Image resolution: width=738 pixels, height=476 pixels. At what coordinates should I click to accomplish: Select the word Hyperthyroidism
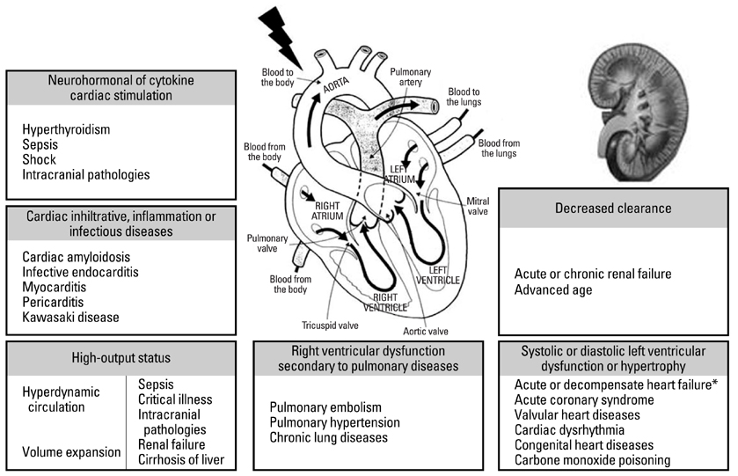pos(67,129)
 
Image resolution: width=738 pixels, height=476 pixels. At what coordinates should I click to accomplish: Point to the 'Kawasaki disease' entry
pos(71,317)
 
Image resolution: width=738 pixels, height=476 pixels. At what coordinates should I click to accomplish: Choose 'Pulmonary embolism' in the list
pos(325,407)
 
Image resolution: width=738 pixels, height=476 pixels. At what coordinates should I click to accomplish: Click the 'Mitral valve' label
pos(476,207)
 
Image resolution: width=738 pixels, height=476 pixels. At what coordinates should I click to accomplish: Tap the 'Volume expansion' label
pos(72,452)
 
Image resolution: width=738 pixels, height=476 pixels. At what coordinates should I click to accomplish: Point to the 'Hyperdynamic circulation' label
pos(62,399)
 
